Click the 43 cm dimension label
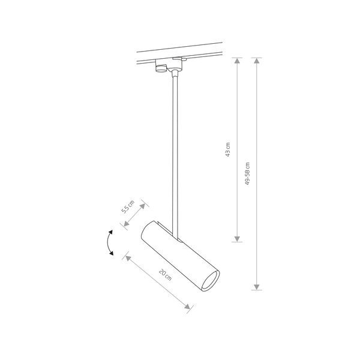(228, 149)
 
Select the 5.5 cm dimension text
(127, 208)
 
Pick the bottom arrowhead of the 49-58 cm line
(257, 285)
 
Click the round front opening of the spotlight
(210, 280)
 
